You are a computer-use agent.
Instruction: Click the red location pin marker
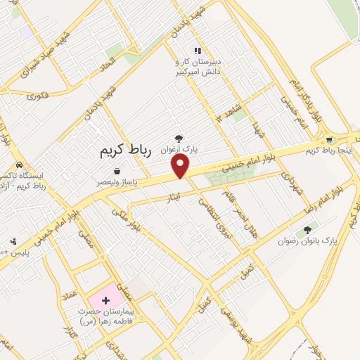(181, 166)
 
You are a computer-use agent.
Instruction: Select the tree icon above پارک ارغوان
(179, 139)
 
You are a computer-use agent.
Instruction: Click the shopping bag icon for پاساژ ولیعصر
(116, 171)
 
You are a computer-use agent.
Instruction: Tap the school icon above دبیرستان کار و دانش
(198, 51)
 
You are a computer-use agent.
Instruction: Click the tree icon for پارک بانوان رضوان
(306, 231)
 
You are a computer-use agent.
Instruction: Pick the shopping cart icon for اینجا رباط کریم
(328, 140)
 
